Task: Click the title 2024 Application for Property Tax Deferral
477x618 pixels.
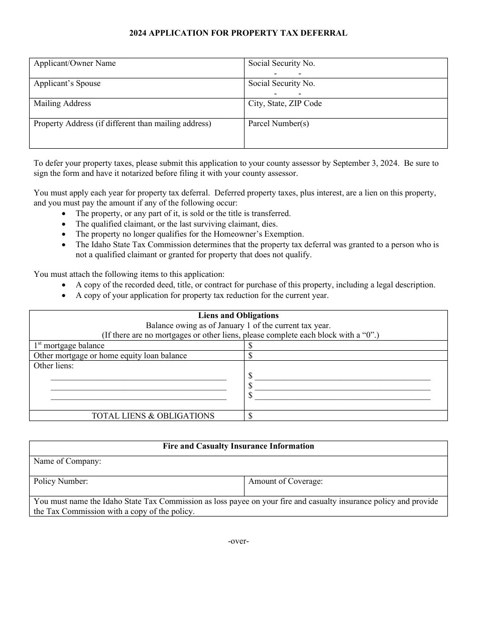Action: click(238, 33)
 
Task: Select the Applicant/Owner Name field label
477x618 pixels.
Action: click(74, 63)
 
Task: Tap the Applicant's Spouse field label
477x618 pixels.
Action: click(67, 83)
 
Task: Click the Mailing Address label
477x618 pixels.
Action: click(62, 104)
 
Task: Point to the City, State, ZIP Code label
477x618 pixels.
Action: click(285, 104)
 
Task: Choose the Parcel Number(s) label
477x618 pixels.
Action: click(278, 124)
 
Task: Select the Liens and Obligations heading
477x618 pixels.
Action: click(238, 316)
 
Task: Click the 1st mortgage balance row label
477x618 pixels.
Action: click(69, 346)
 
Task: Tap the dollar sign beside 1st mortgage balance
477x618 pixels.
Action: click(251, 346)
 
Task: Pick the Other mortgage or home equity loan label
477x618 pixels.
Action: click(110, 356)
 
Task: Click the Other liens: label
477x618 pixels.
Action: click(53, 366)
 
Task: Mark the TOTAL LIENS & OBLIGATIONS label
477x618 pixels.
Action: click(153, 416)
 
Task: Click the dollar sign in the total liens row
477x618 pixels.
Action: click(251, 416)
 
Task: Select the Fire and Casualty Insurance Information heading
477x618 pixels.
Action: click(238, 446)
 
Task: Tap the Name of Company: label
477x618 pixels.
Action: click(67, 461)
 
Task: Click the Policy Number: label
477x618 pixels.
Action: click(61, 481)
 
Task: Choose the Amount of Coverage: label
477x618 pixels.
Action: click(285, 481)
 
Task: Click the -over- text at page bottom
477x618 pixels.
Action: click(238, 541)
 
